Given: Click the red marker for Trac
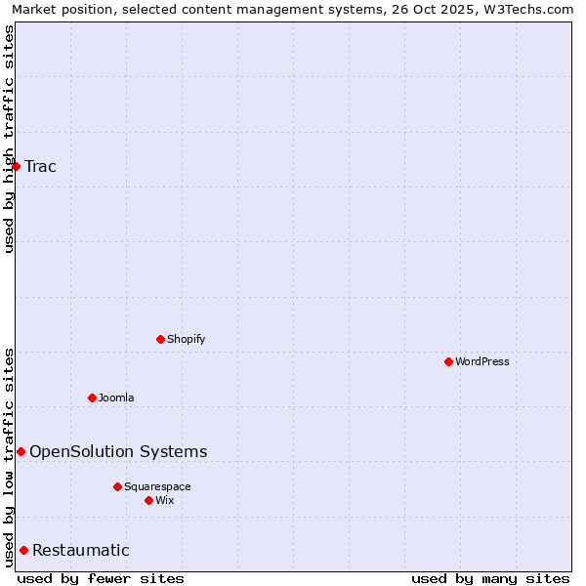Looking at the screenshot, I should (17, 166).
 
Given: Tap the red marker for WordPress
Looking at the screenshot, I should (448, 361).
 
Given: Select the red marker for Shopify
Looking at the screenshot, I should (160, 339).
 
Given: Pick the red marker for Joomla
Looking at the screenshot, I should (92, 398).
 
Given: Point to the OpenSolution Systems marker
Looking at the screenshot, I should (21, 451).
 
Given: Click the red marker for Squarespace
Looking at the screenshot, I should (117, 486).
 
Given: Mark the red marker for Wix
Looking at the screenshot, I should (148, 500).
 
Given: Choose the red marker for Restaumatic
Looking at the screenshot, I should (23, 550).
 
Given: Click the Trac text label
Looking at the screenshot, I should (41, 166).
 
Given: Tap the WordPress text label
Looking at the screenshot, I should (482, 361).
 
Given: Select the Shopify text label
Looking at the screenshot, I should (187, 339).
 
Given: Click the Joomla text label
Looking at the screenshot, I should (116, 398).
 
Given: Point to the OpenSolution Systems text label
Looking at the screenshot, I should (118, 451).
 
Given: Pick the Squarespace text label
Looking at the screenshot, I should (157, 486).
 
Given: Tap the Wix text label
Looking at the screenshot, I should (165, 500).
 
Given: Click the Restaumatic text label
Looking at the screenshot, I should (81, 550).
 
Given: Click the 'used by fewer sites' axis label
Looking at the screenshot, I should (101, 578).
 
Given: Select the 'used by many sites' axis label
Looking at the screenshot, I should (490, 578).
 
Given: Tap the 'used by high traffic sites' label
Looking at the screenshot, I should (9, 139).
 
